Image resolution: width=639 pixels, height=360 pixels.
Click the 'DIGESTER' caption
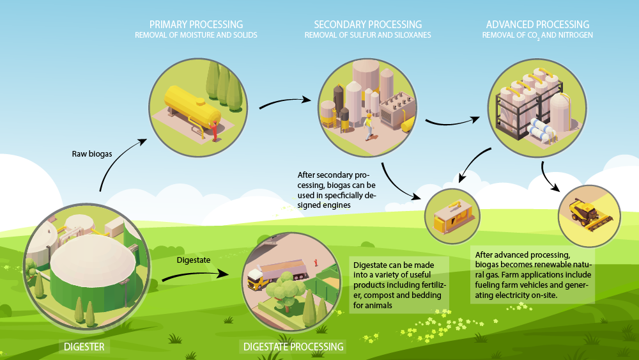pyautogui.click(x=84, y=347)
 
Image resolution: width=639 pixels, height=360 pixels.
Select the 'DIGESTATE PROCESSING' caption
pyautogui.click(x=293, y=347)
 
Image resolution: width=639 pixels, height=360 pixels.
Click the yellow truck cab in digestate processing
pyautogui.click(x=254, y=279)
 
